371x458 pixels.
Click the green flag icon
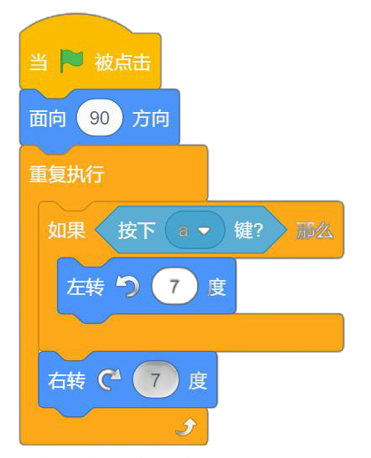pyautogui.click(x=72, y=61)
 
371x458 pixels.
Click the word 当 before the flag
pyautogui.click(x=39, y=62)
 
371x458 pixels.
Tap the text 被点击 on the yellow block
pyautogui.click(x=122, y=62)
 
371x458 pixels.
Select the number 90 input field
pyautogui.click(x=100, y=118)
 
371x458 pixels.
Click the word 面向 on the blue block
pyautogui.click(x=48, y=119)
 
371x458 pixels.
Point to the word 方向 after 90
pyautogui.click(x=151, y=119)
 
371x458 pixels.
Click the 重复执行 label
pyautogui.click(x=67, y=174)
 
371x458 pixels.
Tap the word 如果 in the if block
pyautogui.click(x=67, y=230)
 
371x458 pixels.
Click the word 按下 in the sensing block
pyautogui.click(x=137, y=230)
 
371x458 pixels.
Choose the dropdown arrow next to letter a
pyautogui.click(x=204, y=231)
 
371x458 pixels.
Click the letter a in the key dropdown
pyautogui.click(x=183, y=231)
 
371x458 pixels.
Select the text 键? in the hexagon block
pyautogui.click(x=249, y=230)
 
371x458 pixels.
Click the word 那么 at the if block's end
pyautogui.click(x=315, y=231)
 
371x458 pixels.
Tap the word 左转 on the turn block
pyautogui.click(x=85, y=287)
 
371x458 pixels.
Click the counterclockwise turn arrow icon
pyautogui.click(x=127, y=287)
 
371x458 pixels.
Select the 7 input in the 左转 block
pyautogui.click(x=175, y=286)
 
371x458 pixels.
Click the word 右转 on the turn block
pyautogui.click(x=67, y=380)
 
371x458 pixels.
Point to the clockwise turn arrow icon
pyautogui.click(x=109, y=379)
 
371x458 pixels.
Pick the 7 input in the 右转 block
pyautogui.click(x=156, y=379)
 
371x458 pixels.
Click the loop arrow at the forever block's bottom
pyautogui.click(x=187, y=427)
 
